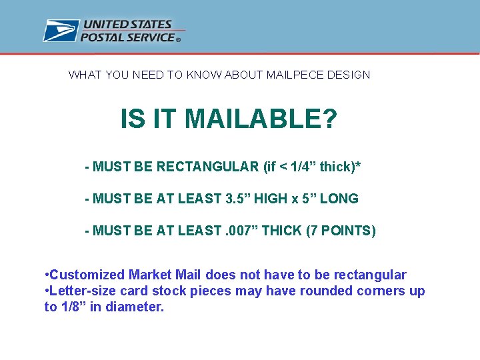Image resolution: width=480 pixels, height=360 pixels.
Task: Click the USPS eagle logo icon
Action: (61, 31)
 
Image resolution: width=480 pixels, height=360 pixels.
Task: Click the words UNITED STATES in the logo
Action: (127, 25)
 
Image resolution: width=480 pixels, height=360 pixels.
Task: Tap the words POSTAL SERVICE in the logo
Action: (128, 37)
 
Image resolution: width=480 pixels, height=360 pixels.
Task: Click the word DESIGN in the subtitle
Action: (349, 75)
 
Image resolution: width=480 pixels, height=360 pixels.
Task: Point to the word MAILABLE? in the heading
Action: (261, 120)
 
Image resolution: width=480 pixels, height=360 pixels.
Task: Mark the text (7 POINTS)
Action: (341, 231)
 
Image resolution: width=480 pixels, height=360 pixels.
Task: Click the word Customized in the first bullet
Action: (87, 275)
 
